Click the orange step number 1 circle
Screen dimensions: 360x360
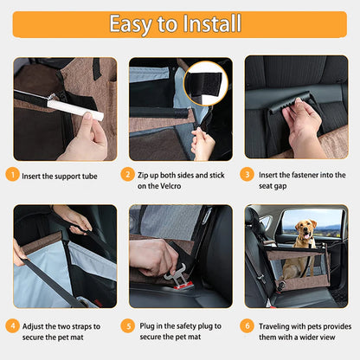point(12,176)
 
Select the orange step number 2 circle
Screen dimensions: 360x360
point(128,176)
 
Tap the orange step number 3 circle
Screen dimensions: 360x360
point(246,176)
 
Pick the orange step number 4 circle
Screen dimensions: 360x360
point(12,327)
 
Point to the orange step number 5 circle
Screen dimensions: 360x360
point(128,327)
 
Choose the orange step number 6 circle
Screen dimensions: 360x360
point(246,327)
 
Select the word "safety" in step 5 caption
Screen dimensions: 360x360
point(190,327)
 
